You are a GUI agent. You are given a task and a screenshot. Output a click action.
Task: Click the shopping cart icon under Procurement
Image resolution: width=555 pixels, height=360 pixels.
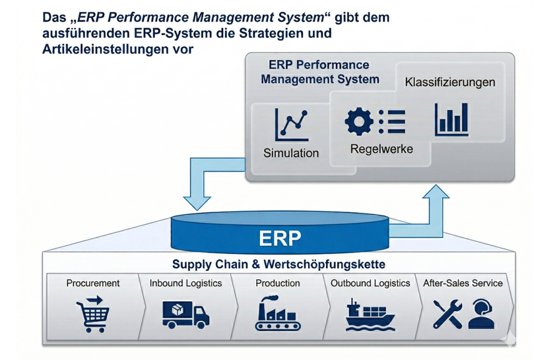tap(92, 312)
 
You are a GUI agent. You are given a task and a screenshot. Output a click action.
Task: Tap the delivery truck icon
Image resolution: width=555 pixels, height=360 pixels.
tap(185, 313)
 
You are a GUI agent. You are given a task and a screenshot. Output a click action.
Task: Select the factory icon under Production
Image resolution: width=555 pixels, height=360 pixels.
tap(277, 313)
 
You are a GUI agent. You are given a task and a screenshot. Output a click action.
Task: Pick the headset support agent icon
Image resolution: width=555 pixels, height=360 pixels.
tap(482, 314)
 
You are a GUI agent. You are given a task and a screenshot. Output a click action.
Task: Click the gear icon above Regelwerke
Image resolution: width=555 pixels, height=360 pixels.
tap(360, 121)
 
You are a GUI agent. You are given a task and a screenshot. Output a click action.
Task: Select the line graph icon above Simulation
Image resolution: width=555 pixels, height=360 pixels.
tap(291, 125)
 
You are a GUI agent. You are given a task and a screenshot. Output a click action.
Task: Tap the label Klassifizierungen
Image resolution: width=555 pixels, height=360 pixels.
tap(449, 82)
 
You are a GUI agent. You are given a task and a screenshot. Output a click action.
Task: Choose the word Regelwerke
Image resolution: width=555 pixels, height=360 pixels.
tap(381, 149)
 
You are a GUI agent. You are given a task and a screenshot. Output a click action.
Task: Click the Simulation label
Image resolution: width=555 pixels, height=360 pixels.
tap(291, 153)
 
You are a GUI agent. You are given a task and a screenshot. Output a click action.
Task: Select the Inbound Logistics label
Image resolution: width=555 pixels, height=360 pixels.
tap(185, 283)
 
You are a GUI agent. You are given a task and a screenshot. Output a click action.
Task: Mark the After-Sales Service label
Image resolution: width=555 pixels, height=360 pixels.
tap(463, 283)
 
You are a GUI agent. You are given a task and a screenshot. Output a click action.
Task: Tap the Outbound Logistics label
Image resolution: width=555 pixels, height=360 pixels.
tap(370, 283)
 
